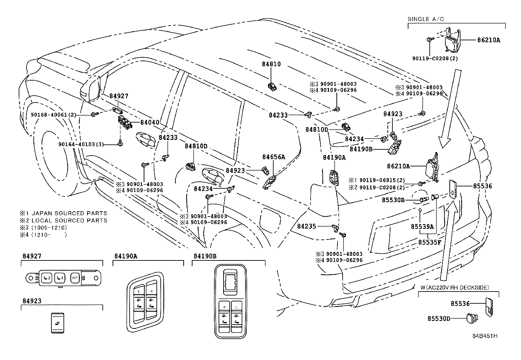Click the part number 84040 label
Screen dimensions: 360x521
[x=150, y=123]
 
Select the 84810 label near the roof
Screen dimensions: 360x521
[x=271, y=65]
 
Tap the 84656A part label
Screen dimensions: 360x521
[x=274, y=157]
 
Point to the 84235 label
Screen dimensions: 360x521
[x=307, y=226]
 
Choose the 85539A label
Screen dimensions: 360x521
[x=422, y=226]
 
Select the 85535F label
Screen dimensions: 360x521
[x=430, y=243]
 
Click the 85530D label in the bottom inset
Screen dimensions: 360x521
[x=438, y=318]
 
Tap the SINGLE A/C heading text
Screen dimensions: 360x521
[x=425, y=19]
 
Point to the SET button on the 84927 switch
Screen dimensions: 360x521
[x=75, y=278]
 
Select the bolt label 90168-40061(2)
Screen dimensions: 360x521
[x=53, y=115]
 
